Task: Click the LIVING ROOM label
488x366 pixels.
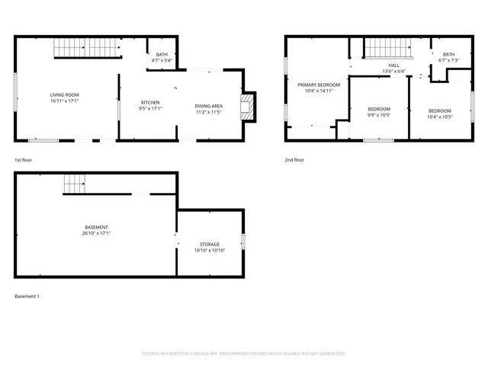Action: pyautogui.click(x=64, y=94)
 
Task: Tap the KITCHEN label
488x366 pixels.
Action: pyautogui.click(x=150, y=102)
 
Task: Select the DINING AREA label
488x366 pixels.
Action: pyautogui.click(x=209, y=105)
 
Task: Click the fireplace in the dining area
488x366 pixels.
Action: pyautogui.click(x=247, y=106)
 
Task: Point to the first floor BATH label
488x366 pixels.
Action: pyautogui.click(x=162, y=54)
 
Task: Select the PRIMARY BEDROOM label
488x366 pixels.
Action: pyautogui.click(x=319, y=85)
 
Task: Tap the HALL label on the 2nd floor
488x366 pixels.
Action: pyautogui.click(x=393, y=66)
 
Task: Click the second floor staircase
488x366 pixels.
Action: pyautogui.click(x=387, y=48)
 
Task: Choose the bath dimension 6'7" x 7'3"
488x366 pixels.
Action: pyautogui.click(x=448, y=60)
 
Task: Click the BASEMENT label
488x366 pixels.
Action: pyautogui.click(x=96, y=227)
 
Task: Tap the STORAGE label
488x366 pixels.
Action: pyautogui.click(x=210, y=244)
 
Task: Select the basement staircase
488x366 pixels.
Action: pyautogui.click(x=74, y=183)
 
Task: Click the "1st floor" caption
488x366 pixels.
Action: pyautogui.click(x=23, y=160)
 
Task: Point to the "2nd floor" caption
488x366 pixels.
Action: pyautogui.click(x=294, y=160)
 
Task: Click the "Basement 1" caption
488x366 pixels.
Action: pyautogui.click(x=27, y=296)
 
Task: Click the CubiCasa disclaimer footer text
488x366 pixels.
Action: pyautogui.click(x=244, y=354)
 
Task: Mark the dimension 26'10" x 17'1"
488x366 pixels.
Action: pyautogui.click(x=96, y=233)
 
